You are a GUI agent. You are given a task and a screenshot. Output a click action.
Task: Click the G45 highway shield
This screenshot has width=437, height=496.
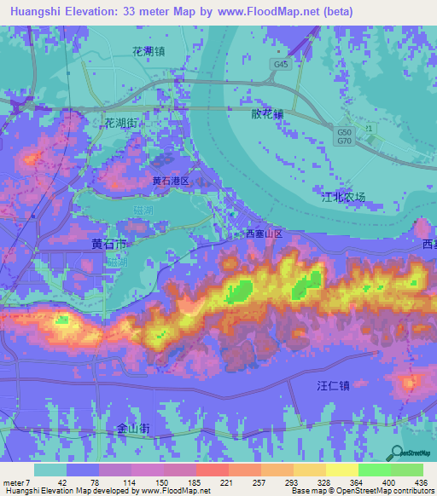point(280,64)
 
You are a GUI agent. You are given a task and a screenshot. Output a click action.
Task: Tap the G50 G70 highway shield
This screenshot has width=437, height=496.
point(344,136)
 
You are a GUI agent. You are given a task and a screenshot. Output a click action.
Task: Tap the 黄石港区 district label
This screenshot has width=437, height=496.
point(176,182)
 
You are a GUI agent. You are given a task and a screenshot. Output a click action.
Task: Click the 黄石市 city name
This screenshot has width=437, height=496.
point(109,244)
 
